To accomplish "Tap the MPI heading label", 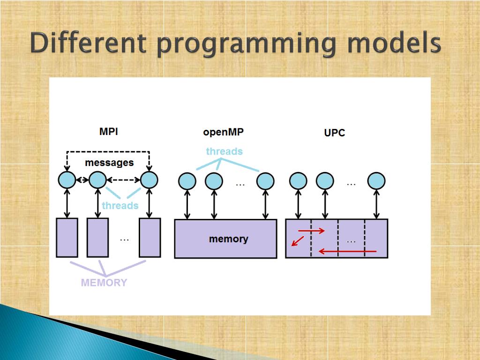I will [109, 131].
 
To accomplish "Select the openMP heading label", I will [223, 132].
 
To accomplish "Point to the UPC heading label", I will [334, 133].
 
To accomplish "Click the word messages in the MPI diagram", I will [109, 163].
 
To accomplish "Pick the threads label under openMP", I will [224, 151].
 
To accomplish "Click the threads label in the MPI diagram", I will [120, 205].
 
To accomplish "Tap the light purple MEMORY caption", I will [104, 283].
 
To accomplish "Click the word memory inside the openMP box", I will [228, 239].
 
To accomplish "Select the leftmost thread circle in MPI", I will [67, 180].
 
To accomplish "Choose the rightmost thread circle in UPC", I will [376, 181].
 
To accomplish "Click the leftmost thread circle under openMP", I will [187, 181].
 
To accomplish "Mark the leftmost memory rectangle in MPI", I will [67, 238].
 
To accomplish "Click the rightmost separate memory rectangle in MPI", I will [150, 238].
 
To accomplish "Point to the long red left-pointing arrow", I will [347, 252].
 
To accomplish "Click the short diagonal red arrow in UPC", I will [297, 241].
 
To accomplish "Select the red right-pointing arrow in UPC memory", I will [311, 231].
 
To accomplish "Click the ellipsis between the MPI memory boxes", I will [124, 239].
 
